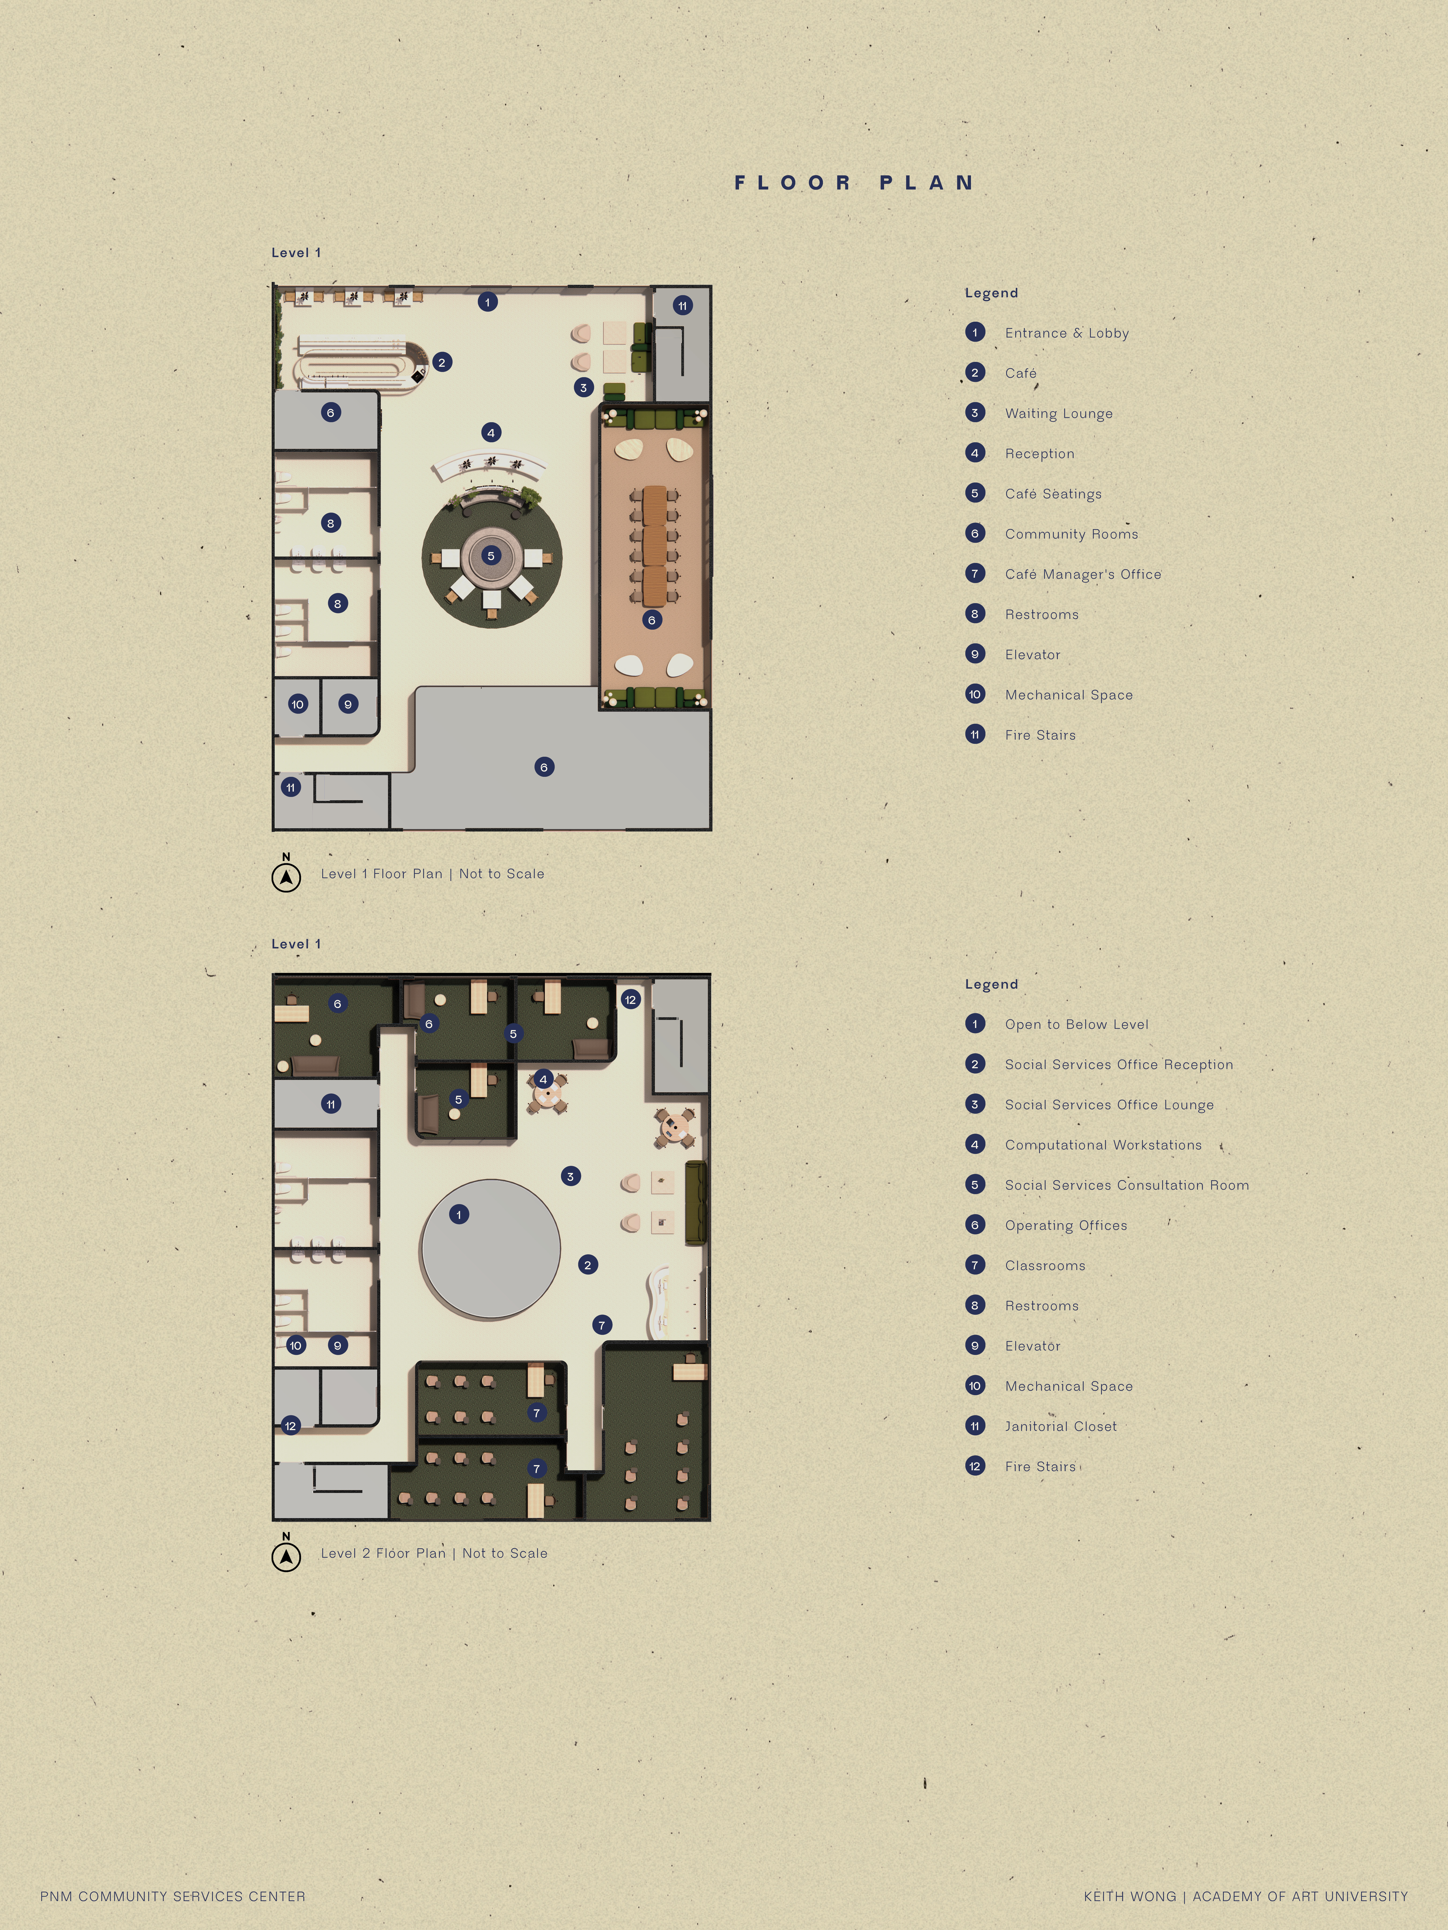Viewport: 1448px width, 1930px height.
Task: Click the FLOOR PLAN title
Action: click(854, 183)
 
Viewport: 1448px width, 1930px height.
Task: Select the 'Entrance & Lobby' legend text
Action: click(1067, 333)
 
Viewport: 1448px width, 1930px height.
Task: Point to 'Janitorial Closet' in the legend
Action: click(1061, 1427)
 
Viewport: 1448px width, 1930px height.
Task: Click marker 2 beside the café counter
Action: click(442, 362)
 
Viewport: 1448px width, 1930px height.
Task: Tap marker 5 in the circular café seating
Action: click(490, 556)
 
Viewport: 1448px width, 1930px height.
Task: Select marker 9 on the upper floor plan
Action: click(347, 704)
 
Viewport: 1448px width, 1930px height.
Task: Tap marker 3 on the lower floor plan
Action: click(570, 1176)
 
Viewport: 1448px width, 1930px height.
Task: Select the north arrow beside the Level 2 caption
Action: click(286, 1557)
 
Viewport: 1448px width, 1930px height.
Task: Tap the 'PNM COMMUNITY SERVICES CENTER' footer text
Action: click(173, 1896)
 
